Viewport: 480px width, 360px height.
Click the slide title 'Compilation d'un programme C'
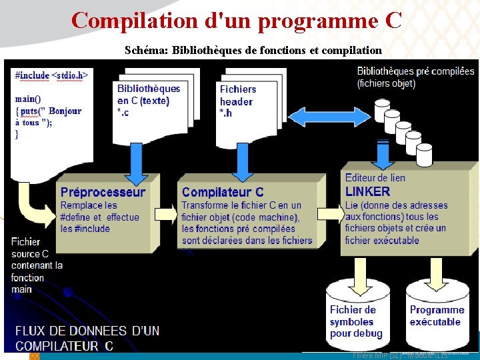(237, 20)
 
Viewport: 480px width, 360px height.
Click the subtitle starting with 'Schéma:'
(253, 50)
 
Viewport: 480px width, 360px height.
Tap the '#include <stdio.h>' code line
(51, 75)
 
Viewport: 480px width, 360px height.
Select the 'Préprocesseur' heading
(103, 193)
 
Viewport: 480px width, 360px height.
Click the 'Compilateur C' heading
(223, 193)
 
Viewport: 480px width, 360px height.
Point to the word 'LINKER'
(367, 191)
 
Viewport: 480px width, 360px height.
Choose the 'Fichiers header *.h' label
(237, 100)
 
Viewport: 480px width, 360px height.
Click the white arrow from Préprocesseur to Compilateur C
(165, 214)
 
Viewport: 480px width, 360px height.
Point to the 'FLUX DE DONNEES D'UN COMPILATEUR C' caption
(87, 338)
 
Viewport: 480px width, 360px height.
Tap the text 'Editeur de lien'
(375, 178)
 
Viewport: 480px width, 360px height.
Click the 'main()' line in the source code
(27, 99)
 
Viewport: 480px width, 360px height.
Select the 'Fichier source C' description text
(36, 265)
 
